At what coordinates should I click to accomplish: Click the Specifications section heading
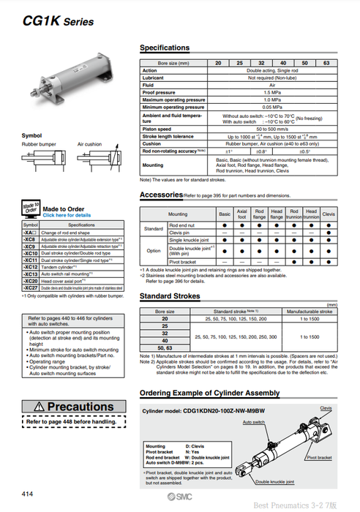point(164,48)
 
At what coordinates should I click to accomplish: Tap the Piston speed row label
point(157,129)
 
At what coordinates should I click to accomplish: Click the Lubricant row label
point(155,78)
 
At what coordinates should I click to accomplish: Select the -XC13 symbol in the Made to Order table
point(30,274)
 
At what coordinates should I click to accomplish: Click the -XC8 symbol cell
point(30,239)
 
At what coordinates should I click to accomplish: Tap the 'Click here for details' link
point(67,216)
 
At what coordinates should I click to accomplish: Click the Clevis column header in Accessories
point(329,214)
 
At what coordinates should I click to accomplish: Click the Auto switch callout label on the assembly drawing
point(252,422)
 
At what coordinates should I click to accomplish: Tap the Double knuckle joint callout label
point(272,482)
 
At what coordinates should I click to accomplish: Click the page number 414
point(26,495)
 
